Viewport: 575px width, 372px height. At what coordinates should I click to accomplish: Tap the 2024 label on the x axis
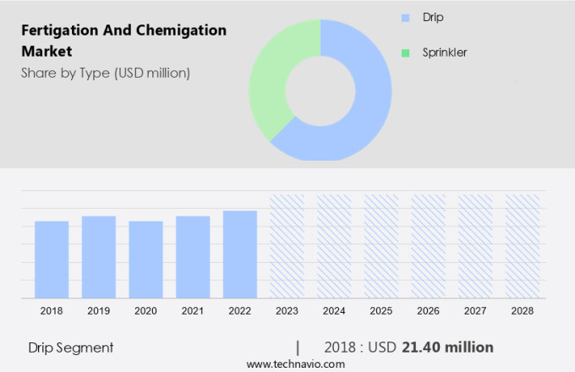334,311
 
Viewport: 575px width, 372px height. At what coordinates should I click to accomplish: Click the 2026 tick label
428,311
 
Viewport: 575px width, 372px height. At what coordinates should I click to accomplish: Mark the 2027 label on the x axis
475,311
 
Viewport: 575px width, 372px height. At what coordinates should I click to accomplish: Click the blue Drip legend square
405,17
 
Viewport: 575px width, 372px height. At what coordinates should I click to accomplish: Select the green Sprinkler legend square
405,52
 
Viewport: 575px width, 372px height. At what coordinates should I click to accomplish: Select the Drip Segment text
71,347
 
